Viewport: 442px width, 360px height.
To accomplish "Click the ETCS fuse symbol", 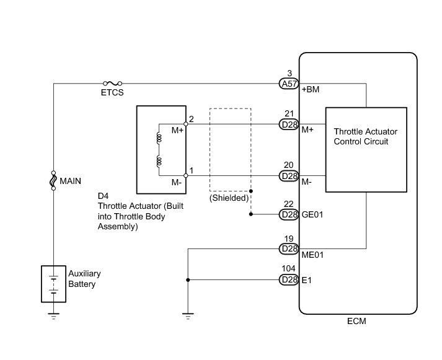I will click(112, 82).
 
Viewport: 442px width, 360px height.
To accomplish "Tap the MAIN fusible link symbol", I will click(53, 181).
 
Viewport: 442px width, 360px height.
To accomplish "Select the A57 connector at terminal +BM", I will click(289, 83).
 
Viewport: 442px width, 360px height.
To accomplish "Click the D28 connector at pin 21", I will click(289, 124).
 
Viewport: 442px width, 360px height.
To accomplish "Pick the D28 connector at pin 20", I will click(289, 176).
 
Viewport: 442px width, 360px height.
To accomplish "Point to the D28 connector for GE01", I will click(289, 214).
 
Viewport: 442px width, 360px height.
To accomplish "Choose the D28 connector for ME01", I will click(289, 248).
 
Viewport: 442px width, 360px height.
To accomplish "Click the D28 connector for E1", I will click(289, 280).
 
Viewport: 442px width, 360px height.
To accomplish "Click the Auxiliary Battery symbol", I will click(53, 284).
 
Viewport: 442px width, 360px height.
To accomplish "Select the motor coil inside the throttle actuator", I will click(159, 151).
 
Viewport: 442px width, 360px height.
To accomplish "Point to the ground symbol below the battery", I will click(53, 317).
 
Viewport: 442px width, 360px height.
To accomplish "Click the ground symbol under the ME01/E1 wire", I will click(187, 317).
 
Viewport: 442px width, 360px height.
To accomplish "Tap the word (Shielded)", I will click(229, 198).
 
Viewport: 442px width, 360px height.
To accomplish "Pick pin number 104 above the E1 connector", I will click(289, 270).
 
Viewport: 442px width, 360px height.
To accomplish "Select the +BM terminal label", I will click(310, 90).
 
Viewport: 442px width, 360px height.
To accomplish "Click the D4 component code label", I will click(103, 196).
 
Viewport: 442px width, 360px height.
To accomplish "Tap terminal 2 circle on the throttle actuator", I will click(186, 124).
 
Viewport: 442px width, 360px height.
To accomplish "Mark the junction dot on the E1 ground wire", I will click(187, 280).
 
